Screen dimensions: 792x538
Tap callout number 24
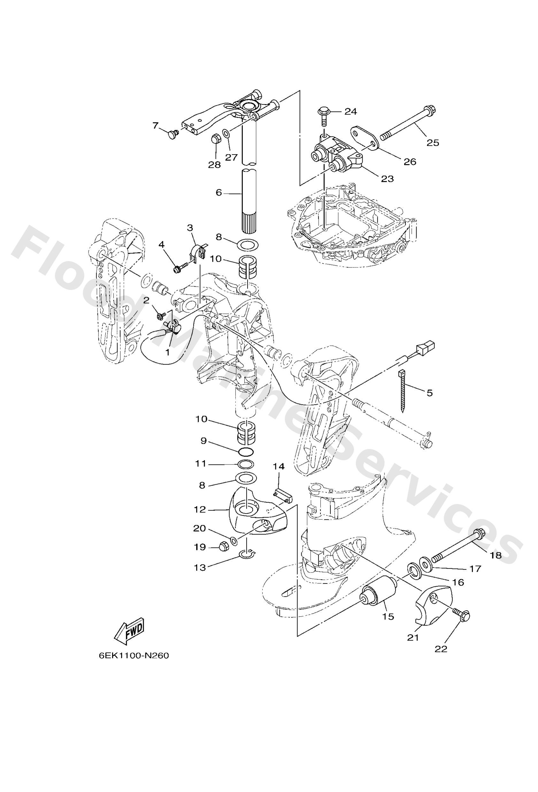tap(350, 111)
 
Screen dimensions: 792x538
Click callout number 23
tap(387, 178)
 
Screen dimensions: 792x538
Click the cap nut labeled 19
tap(223, 547)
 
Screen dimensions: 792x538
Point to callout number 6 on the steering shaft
tap(219, 192)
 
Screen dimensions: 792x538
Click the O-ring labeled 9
tap(246, 452)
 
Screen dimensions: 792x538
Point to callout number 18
tap(496, 555)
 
